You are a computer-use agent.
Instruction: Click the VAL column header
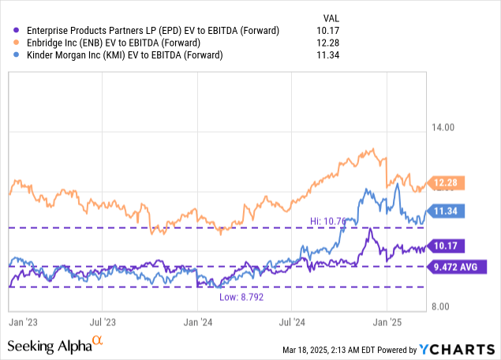332,17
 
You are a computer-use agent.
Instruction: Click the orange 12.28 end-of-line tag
448,184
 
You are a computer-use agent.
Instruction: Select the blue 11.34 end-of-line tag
448,211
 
